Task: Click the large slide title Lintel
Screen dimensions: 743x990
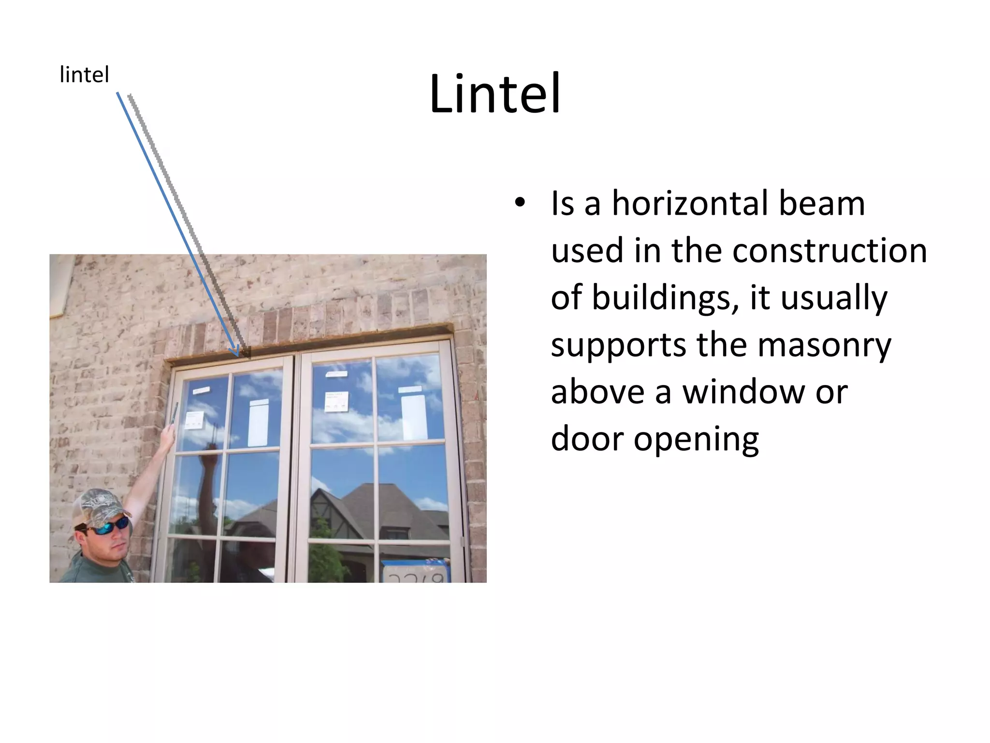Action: point(495,94)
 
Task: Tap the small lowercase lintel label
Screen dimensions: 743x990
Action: point(84,75)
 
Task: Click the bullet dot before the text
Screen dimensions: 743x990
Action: point(519,203)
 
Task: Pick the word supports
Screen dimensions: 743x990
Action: point(618,345)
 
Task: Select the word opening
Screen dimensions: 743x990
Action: point(696,439)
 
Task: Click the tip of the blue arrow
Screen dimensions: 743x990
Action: point(237,355)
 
